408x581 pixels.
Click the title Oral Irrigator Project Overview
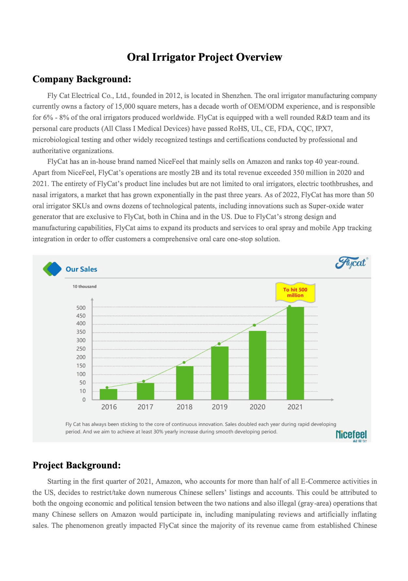tap(204, 57)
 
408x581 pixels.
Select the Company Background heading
tap(82, 79)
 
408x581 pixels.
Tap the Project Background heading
tap(76, 465)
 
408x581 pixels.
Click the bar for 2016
tap(108, 394)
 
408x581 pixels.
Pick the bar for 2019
tap(220, 373)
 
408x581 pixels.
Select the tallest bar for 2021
tap(295, 353)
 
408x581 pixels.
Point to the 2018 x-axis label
tap(184, 407)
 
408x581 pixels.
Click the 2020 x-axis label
tap(258, 407)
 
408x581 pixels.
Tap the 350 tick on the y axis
tap(81, 332)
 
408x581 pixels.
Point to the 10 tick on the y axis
tap(83, 391)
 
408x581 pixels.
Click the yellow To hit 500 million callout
tap(295, 292)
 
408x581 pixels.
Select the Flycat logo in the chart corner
tap(351, 263)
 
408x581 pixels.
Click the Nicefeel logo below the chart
tap(351, 435)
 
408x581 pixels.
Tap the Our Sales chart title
tap(81, 269)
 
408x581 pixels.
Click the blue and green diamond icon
tap(52, 269)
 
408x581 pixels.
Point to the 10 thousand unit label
tap(85, 287)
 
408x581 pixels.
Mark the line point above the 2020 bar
tap(254, 325)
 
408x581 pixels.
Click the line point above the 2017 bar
tap(144, 381)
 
